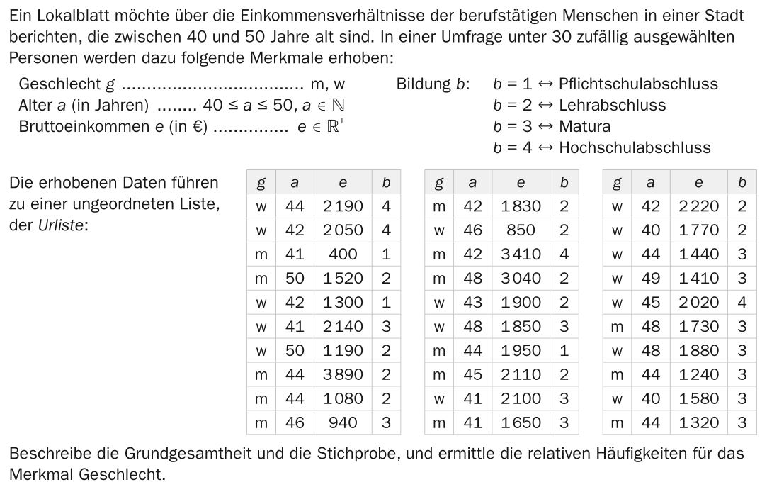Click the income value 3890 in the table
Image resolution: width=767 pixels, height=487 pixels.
pyautogui.click(x=343, y=374)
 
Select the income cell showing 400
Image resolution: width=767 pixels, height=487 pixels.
pyautogui.click(x=343, y=254)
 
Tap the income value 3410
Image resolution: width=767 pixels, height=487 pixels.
pyautogui.click(x=521, y=254)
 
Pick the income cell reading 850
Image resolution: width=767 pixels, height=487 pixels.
pyautogui.click(x=521, y=230)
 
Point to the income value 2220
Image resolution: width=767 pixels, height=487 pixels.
pyautogui.click(x=698, y=206)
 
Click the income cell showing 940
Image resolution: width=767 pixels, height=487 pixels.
pyautogui.click(x=343, y=422)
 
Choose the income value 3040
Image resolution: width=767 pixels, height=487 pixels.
pyautogui.click(x=521, y=278)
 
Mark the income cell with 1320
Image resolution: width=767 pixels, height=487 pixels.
pyautogui.click(x=698, y=422)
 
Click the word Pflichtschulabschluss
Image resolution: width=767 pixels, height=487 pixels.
pyautogui.click(x=638, y=84)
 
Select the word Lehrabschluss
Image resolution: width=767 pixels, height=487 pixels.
pyautogui.click(x=612, y=105)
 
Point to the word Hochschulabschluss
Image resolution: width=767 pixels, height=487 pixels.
pyautogui.click(x=635, y=147)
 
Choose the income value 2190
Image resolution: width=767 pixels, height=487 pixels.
pyautogui.click(x=343, y=206)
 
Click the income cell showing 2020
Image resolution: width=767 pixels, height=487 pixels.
pyautogui.click(x=698, y=302)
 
